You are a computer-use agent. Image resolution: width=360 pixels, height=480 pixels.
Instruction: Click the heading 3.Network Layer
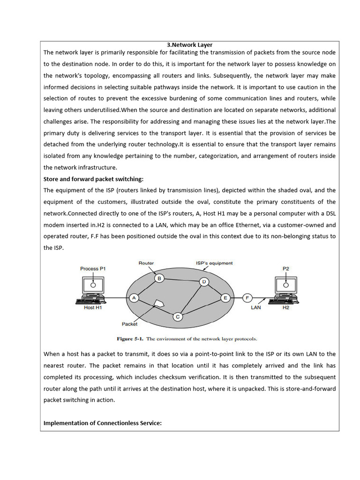tap(189, 45)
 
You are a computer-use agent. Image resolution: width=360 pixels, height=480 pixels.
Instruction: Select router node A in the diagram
tap(134, 298)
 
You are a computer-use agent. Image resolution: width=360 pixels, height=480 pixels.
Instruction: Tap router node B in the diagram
tap(159, 278)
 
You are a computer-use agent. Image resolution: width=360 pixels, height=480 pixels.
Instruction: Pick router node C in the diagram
tap(178, 317)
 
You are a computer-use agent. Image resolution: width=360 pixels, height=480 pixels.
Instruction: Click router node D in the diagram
tap(204, 282)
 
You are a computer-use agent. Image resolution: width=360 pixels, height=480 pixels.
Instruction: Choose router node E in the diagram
tap(225, 298)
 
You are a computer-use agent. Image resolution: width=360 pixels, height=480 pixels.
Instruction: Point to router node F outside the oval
tap(247, 298)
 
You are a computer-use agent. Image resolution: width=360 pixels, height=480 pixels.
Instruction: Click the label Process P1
tap(93, 269)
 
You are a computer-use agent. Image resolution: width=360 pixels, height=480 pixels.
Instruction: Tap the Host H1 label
tap(93, 308)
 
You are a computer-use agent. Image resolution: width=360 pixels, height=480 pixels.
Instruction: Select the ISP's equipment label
tap(214, 263)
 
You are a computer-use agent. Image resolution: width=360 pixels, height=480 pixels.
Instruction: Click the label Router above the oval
tap(146, 263)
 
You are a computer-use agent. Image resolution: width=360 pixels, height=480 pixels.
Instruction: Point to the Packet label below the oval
tap(129, 323)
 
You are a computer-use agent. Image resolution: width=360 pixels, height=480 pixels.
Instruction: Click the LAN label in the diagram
tap(256, 308)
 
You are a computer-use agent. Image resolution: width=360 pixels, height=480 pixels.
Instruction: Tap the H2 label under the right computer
tap(286, 308)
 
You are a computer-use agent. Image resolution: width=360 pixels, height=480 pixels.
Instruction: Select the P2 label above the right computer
tap(286, 269)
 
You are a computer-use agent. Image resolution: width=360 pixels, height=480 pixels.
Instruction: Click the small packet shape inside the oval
tap(160, 303)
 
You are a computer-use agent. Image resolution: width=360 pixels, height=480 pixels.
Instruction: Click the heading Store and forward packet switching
tap(93, 179)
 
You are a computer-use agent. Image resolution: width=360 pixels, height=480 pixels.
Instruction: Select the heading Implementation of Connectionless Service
tap(102, 423)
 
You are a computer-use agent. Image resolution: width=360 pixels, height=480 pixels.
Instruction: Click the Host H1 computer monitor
tap(93, 285)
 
